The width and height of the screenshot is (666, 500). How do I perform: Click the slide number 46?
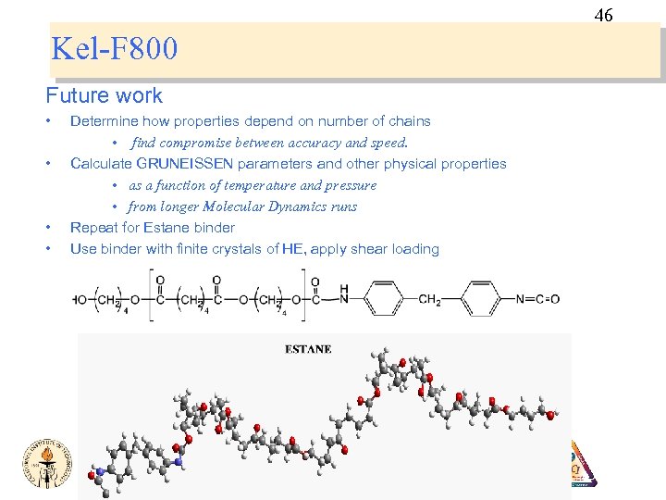point(603,15)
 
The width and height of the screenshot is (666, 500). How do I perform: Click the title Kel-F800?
point(115,48)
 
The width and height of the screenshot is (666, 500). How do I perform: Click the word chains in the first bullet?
point(408,121)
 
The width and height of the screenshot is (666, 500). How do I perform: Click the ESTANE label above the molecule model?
point(308,349)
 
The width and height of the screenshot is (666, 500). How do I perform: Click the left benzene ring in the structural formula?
point(380,299)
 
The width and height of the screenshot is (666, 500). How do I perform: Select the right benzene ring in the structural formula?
point(481,299)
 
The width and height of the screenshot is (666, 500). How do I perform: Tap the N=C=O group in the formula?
point(537,299)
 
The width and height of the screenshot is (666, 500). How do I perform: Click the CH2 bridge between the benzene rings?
point(430,299)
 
